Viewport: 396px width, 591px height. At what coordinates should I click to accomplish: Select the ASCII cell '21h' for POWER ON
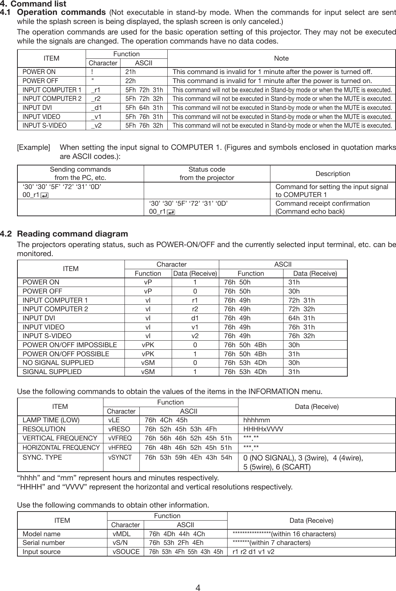(130, 72)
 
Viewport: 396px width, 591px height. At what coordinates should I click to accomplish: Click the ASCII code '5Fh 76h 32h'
(144, 126)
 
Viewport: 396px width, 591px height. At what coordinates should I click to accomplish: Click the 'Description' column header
(332, 174)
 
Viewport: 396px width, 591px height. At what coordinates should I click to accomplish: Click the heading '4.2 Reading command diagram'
(73, 234)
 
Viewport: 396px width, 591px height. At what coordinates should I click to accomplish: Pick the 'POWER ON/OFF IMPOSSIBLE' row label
(70, 345)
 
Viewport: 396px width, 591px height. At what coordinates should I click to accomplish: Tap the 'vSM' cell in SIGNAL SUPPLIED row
(148, 372)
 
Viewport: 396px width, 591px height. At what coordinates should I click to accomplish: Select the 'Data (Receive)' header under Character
(195, 273)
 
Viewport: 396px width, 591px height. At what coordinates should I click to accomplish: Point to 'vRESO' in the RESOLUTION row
(119, 429)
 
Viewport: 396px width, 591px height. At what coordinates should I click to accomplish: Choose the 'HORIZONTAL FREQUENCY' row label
(61, 447)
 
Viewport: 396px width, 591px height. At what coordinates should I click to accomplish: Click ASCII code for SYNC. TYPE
(188, 457)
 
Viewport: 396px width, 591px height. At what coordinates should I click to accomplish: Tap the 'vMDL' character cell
(122, 534)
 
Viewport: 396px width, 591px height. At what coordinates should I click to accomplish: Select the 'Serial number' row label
(44, 543)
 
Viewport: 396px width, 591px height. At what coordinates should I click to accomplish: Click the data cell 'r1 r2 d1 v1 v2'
(253, 552)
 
